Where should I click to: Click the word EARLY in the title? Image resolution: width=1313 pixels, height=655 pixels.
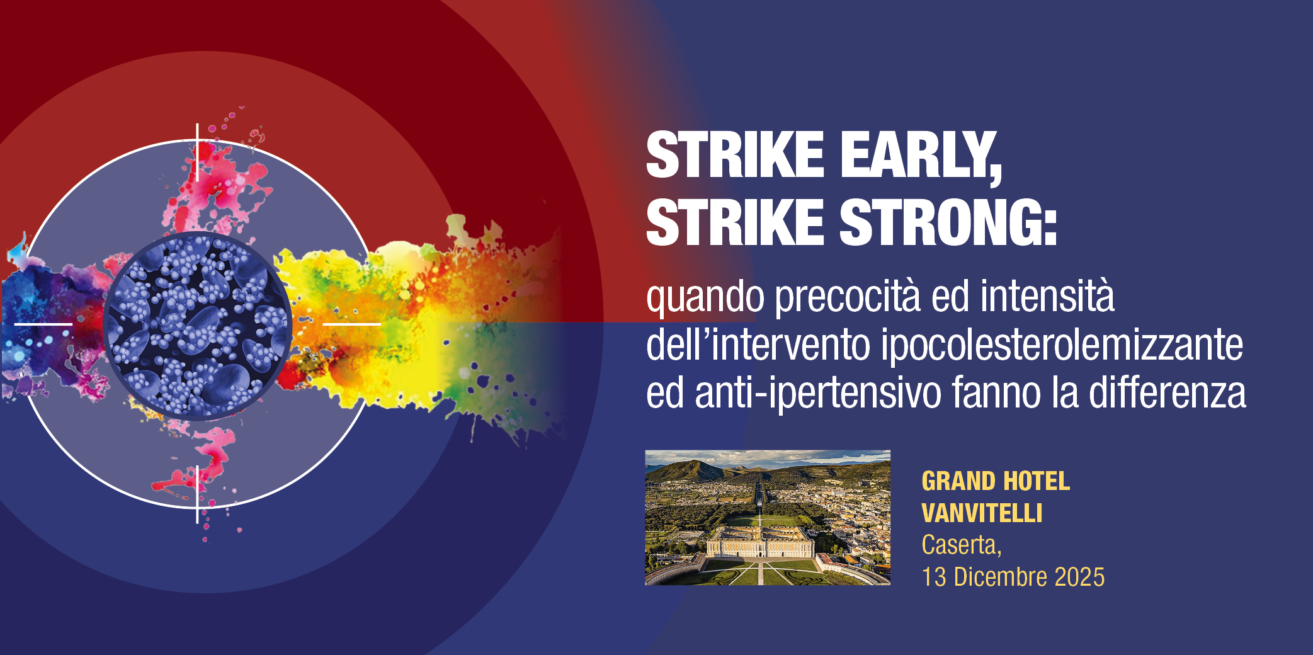tap(921, 155)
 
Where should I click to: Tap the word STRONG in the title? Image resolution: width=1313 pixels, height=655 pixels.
tap(948, 222)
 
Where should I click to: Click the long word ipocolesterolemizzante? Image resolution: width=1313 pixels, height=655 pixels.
tap(1062, 345)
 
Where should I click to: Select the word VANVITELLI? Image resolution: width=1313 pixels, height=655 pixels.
tap(982, 513)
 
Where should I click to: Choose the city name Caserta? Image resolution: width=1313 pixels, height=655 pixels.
tap(962, 545)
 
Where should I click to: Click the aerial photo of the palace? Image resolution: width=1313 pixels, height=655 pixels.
tap(768, 518)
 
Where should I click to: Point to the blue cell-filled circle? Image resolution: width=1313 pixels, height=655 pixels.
tap(197, 326)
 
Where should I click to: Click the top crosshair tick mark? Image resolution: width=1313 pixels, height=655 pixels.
tap(197, 152)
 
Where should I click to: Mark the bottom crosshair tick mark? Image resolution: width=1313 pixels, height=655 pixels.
tap(197, 495)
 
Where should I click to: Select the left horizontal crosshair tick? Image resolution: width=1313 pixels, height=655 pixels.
tap(43, 324)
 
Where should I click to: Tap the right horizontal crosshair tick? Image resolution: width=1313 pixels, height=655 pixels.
tap(352, 324)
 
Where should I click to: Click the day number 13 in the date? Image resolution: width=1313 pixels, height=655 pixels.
tap(934, 577)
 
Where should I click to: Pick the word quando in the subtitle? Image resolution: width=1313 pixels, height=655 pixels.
tap(705, 297)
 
